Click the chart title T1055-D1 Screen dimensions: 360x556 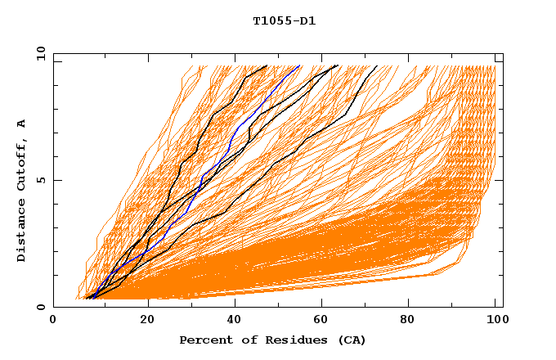pos(284,21)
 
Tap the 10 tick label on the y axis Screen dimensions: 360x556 pos(38,53)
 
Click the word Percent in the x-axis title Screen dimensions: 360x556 pos(204,340)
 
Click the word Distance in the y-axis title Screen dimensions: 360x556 pos(22,232)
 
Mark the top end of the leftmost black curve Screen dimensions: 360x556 pos(267,66)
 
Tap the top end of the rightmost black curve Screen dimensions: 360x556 pos(377,66)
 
